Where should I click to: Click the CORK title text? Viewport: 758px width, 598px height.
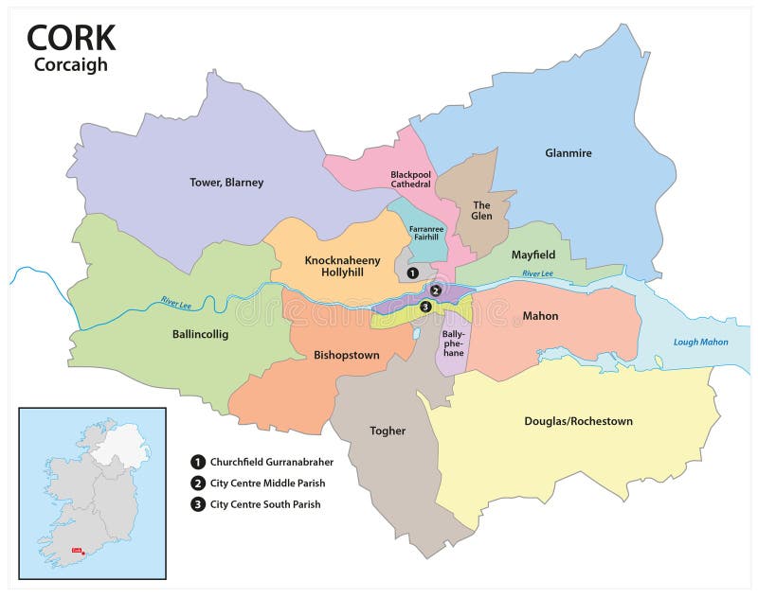[71, 37]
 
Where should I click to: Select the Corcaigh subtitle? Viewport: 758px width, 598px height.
[71, 65]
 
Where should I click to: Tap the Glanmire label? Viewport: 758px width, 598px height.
[568, 152]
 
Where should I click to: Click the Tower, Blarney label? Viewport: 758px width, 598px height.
[226, 182]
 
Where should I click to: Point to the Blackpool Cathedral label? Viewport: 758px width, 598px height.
[410, 179]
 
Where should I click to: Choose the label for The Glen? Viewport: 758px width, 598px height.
[481, 210]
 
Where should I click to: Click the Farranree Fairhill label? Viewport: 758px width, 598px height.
[424, 232]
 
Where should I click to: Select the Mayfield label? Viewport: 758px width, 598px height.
[533, 255]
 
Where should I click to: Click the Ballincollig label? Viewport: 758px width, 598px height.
[200, 334]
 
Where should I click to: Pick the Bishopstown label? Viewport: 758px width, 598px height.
[346, 355]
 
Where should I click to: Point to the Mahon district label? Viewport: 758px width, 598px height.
[540, 315]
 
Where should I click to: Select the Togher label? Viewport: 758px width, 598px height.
[387, 431]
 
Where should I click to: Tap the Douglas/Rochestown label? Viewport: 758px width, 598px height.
[578, 420]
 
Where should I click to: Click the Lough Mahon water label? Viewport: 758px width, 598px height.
[699, 343]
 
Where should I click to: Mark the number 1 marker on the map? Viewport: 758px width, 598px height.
[412, 273]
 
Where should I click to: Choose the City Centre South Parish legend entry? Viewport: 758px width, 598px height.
[264, 504]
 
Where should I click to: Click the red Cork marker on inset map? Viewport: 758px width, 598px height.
[83, 552]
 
